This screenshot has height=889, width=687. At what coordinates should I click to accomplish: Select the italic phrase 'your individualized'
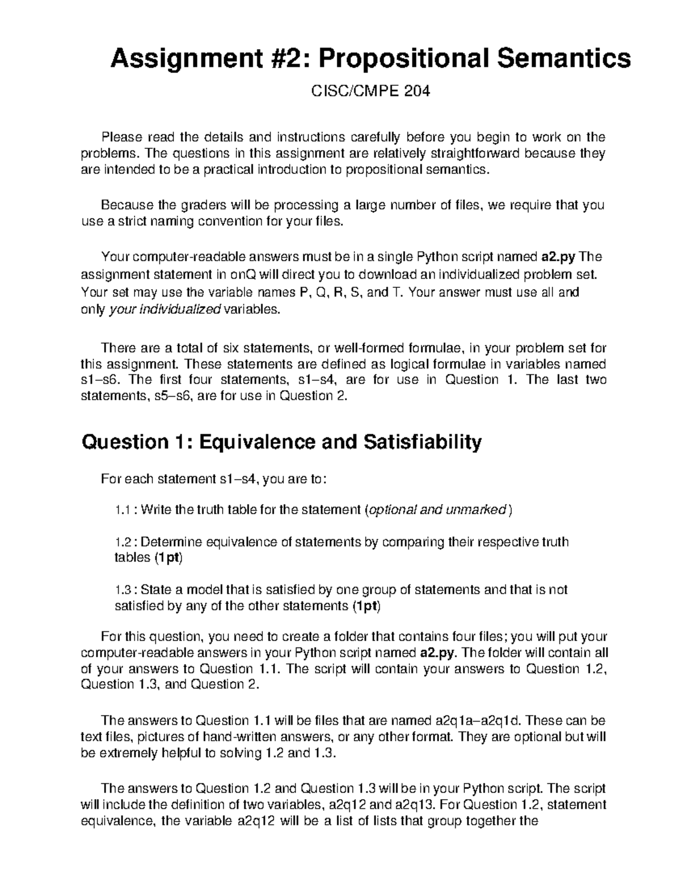click(x=164, y=310)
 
